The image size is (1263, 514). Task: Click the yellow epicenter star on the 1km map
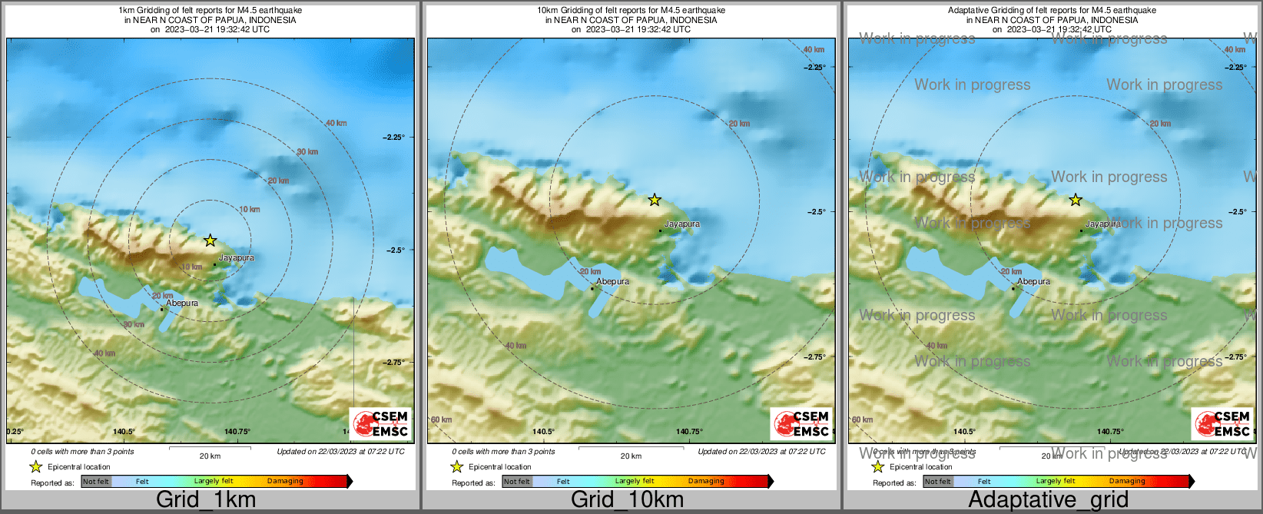pyautogui.click(x=210, y=240)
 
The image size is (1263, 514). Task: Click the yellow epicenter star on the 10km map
pyautogui.click(x=655, y=200)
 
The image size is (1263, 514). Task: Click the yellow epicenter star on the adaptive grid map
pyautogui.click(x=1076, y=200)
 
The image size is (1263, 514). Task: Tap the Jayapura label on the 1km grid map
pyautogui.click(x=237, y=258)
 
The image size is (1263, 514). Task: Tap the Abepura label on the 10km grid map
pyautogui.click(x=613, y=282)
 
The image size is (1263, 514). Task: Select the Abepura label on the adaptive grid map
pyautogui.click(x=1034, y=282)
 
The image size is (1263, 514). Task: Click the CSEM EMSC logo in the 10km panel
pyautogui.click(x=802, y=423)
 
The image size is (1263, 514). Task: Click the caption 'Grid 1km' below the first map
pyautogui.click(x=205, y=499)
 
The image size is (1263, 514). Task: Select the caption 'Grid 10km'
pyautogui.click(x=627, y=499)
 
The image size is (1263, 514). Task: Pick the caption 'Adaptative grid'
pyautogui.click(x=1048, y=499)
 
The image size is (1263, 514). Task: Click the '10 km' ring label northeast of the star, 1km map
pyautogui.click(x=250, y=210)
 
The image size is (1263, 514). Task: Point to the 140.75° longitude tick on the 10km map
pyautogui.click(x=689, y=432)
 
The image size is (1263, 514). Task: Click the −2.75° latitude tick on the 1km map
pyautogui.click(x=394, y=363)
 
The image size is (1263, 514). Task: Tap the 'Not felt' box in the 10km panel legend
pyautogui.click(x=517, y=482)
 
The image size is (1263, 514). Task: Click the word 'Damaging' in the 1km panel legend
pyautogui.click(x=285, y=482)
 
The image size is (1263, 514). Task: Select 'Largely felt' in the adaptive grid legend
pyautogui.click(x=1055, y=482)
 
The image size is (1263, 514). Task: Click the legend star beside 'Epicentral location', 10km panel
pyautogui.click(x=456, y=467)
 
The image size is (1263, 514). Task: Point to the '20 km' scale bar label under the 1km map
pyautogui.click(x=210, y=456)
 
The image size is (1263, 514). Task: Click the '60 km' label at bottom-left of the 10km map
pyautogui.click(x=441, y=419)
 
